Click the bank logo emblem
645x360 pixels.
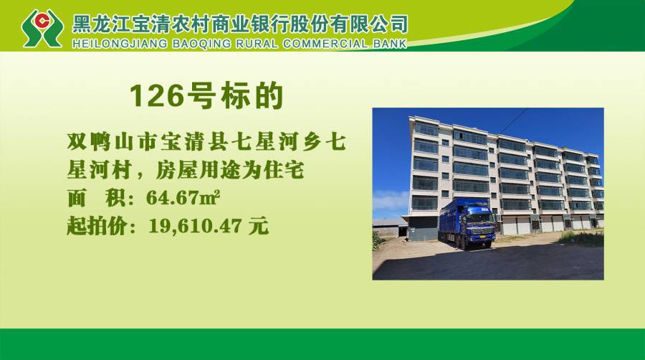coord(42,28)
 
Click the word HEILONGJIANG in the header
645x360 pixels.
coord(120,44)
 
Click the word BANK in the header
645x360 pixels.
coord(390,44)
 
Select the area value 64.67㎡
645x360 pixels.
coord(183,198)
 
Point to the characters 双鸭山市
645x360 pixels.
coord(113,143)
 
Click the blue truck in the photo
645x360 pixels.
coord(467,223)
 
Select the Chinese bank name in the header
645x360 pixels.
coord(240,24)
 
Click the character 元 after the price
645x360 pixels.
coord(258,226)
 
